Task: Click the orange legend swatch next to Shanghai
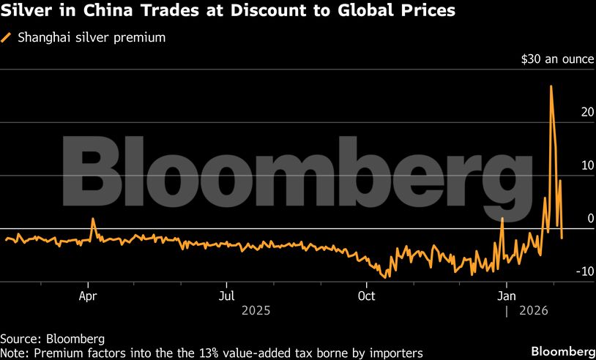[x=7, y=37]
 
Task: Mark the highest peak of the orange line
[x=551, y=86]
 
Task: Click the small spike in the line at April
[x=93, y=219]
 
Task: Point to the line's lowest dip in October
[x=389, y=277]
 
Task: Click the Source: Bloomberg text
[x=52, y=339]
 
